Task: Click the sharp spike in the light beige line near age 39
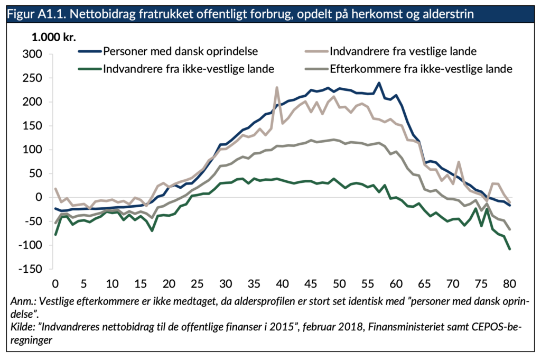[277, 88]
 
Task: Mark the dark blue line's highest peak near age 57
[379, 83]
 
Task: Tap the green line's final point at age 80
[510, 248]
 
